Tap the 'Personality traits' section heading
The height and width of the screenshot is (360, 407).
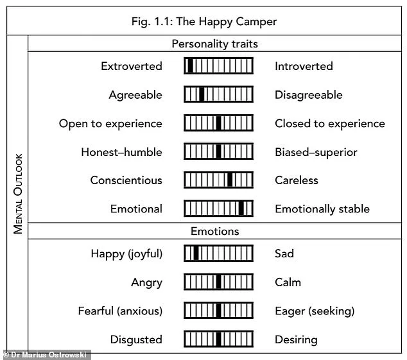click(x=214, y=44)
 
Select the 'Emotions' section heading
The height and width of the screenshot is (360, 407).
click(x=214, y=231)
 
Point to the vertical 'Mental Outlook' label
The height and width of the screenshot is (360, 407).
click(x=18, y=193)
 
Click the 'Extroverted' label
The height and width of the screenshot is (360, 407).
click(x=131, y=66)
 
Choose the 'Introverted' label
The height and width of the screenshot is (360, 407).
click(x=304, y=66)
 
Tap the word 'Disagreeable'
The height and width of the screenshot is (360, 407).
click(x=308, y=95)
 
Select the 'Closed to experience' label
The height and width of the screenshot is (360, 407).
click(x=329, y=123)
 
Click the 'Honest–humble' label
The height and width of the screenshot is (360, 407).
click(x=121, y=152)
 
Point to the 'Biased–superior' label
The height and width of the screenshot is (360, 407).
click(x=316, y=152)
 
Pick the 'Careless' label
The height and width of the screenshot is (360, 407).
click(x=296, y=180)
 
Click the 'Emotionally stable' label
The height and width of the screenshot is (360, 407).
click(x=322, y=209)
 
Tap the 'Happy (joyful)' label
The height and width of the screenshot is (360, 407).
click(x=126, y=253)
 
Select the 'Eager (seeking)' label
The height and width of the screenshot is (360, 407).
click(x=315, y=311)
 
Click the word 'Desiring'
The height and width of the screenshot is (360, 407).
click(x=296, y=339)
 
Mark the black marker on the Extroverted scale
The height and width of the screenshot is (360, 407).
click(x=190, y=66)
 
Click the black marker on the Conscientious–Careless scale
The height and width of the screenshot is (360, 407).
click(x=230, y=180)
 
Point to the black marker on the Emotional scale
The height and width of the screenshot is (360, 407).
click(x=241, y=209)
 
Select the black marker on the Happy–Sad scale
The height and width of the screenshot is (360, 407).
click(x=196, y=253)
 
